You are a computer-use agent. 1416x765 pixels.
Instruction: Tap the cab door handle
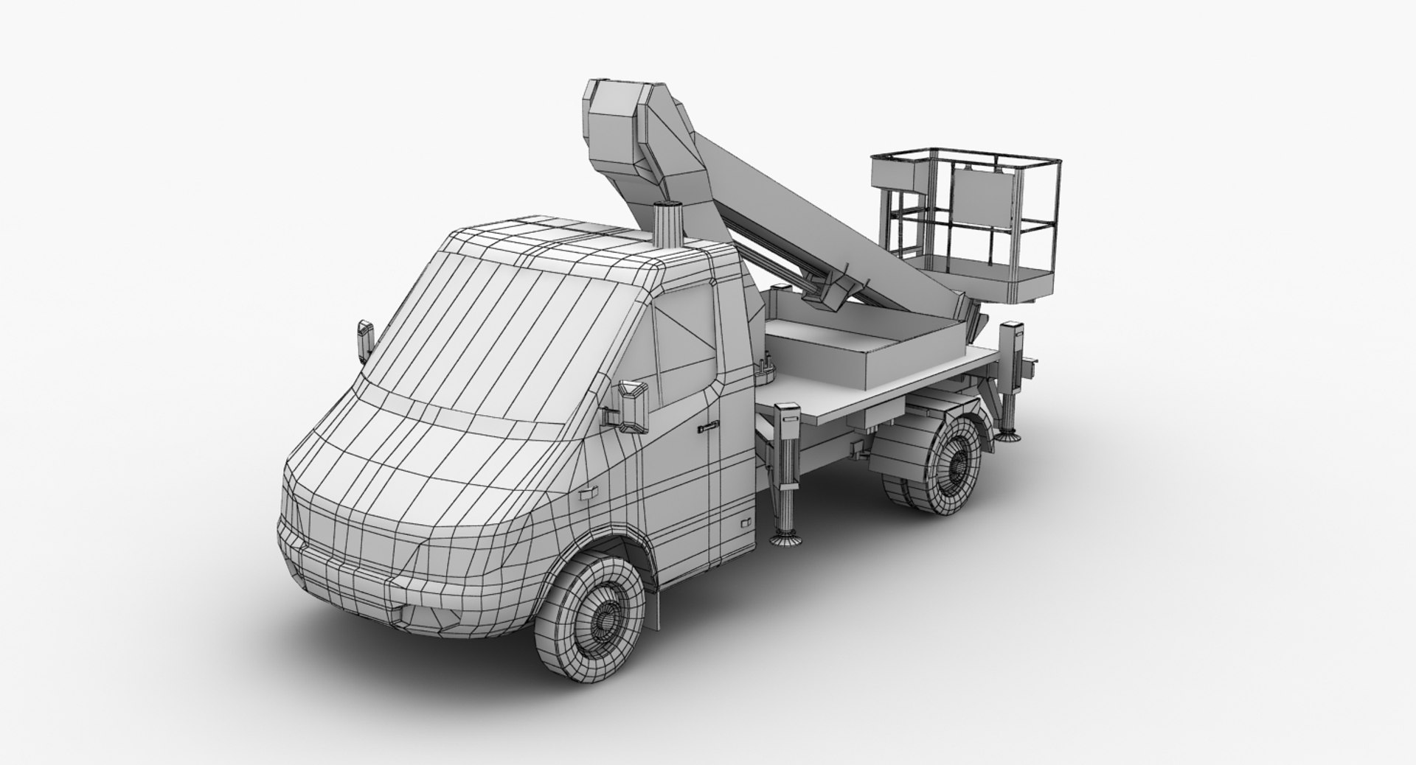(707, 425)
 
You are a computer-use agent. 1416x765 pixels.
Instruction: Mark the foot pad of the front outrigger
(786, 541)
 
